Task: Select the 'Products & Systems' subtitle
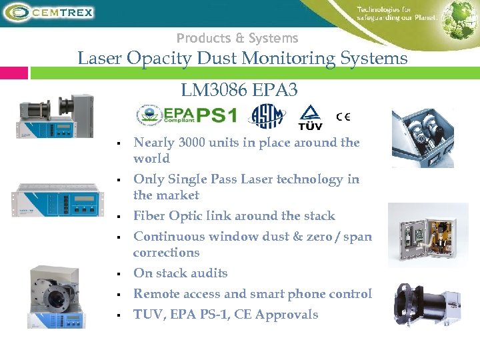coord(237,39)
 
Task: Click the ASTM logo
coord(266,117)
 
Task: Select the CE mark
coord(343,117)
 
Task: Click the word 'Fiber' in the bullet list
coord(151,216)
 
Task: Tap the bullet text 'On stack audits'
coord(180,273)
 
